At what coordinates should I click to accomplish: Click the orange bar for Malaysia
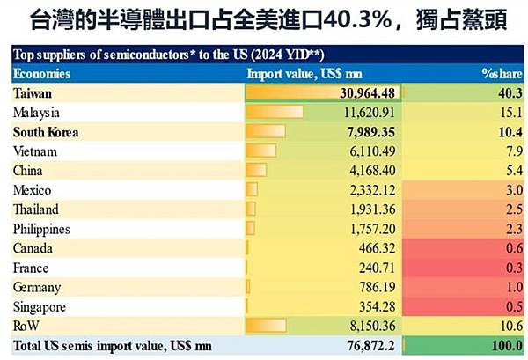tap(275, 113)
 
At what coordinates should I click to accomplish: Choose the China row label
tap(28, 171)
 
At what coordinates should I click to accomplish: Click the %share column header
tap(500, 73)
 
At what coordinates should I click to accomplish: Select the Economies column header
tap(42, 73)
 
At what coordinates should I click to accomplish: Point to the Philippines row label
tap(42, 230)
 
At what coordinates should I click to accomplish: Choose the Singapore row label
tap(40, 306)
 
